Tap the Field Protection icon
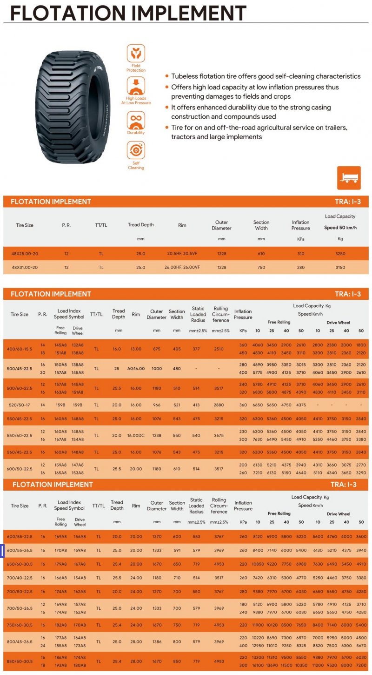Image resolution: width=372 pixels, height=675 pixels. [136, 54]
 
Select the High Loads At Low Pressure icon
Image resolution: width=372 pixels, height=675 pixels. [136, 86]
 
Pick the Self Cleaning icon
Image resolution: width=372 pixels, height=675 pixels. [136, 150]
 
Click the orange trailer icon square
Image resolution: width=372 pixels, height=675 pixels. [349, 177]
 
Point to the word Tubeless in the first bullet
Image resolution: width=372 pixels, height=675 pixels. [185, 76]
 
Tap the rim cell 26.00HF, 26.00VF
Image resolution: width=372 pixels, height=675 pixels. [182, 267]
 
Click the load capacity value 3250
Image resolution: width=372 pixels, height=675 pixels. [340, 254]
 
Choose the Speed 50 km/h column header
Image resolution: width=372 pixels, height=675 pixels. [340, 228]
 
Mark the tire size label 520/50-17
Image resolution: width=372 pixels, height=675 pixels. [19, 405]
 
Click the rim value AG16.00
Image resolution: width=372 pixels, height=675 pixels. [136, 369]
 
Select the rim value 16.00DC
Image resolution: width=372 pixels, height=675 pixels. [137, 436]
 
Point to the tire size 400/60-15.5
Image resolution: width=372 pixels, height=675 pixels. [20, 349]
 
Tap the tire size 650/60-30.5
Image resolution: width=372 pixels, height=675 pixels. [20, 564]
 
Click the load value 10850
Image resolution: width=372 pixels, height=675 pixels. [258, 564]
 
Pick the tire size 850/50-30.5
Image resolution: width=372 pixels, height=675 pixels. [20, 661]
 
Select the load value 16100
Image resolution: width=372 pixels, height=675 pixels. [258, 666]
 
